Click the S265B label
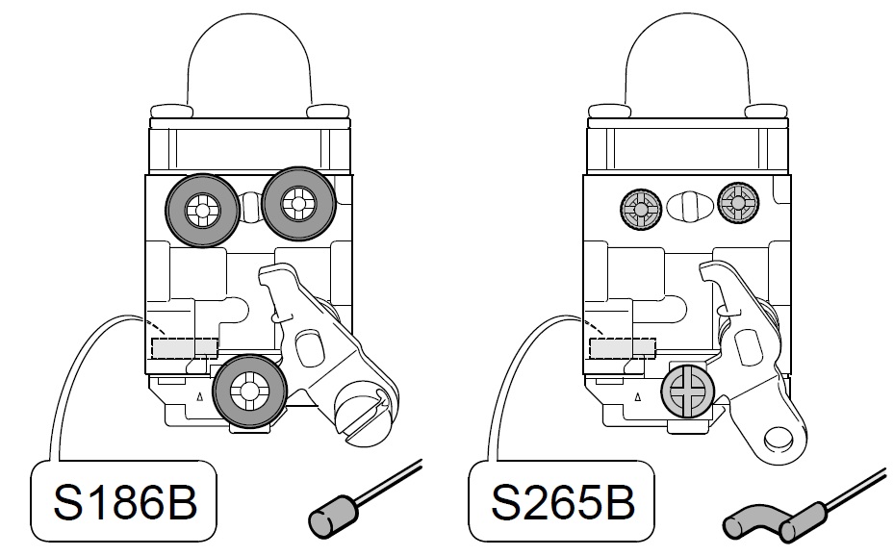560,502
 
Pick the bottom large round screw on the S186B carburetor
250,391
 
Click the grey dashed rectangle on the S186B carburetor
184,346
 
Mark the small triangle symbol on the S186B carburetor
198,396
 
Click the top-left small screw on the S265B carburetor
639,206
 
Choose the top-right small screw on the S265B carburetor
739,203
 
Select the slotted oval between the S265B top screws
689,207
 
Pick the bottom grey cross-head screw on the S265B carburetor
686,393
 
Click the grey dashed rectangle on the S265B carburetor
622,346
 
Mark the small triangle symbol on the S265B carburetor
637,396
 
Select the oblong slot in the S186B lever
309,346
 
